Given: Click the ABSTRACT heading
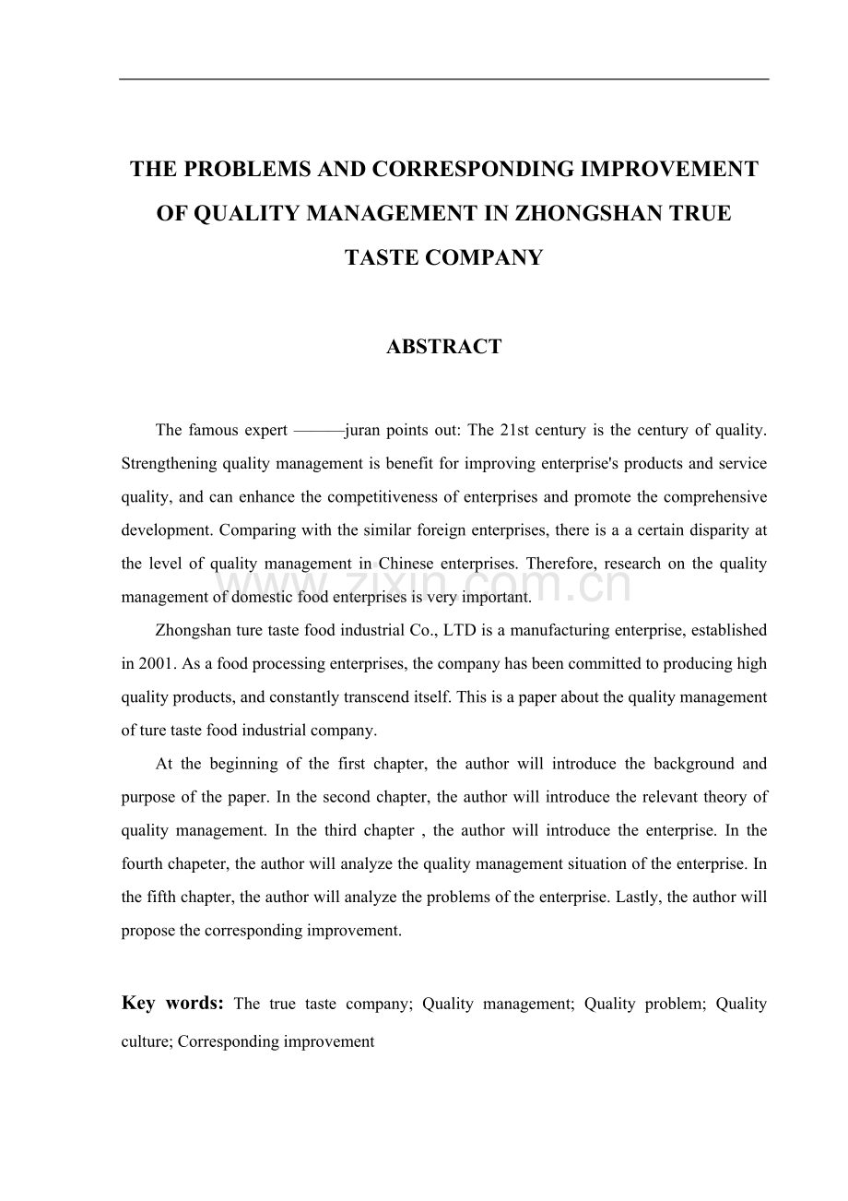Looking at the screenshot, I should pos(443,347).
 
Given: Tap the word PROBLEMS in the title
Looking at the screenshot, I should pos(241,170).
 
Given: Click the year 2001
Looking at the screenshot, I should pos(153,664).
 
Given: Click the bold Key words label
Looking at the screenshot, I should pos(172,1004).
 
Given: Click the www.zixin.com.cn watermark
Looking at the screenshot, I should pos(424,585).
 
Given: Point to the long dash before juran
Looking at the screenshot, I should pos(317,430).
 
